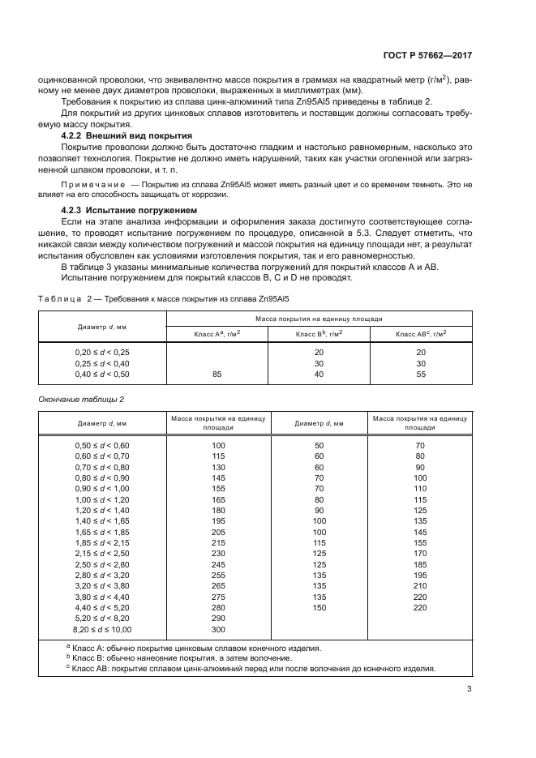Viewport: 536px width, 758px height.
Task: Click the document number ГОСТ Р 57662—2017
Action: (427, 57)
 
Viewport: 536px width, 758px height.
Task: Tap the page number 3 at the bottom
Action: (469, 689)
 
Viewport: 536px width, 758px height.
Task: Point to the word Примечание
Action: (95, 186)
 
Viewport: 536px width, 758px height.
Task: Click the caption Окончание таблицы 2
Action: (82, 399)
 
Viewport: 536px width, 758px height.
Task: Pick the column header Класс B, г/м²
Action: (319, 334)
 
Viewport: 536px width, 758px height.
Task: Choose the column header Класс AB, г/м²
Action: (421, 334)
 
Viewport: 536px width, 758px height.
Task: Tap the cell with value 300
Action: (218, 628)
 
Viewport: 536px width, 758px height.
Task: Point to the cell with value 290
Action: (218, 617)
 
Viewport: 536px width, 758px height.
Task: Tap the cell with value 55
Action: (421, 375)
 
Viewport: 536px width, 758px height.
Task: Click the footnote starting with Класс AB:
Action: (253, 669)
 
